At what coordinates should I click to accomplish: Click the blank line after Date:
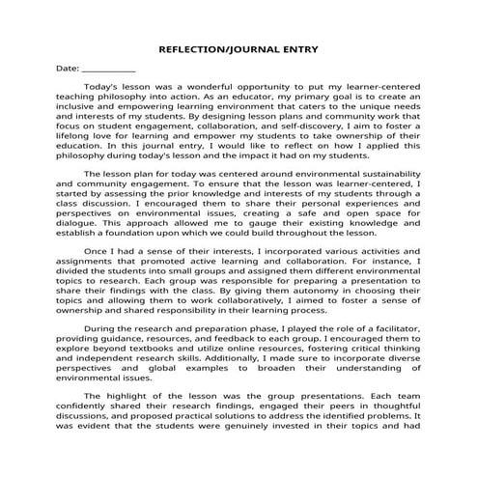coord(108,70)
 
